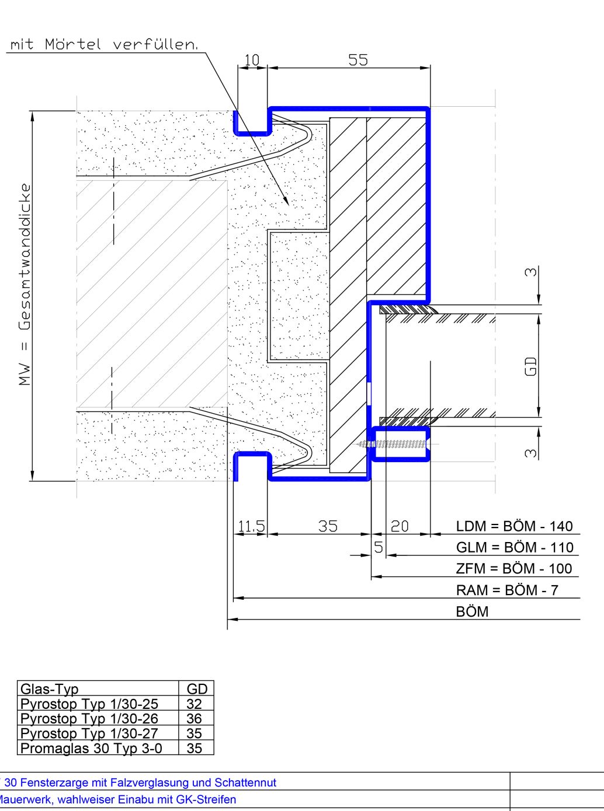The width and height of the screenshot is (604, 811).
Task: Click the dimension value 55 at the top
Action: coord(357,60)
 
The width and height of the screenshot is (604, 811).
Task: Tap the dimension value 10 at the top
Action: coord(252,60)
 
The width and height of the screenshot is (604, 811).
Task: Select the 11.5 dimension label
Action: coord(251,526)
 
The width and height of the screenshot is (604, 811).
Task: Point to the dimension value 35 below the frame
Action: coord(328,526)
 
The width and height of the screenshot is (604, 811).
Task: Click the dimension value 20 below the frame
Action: coord(400,526)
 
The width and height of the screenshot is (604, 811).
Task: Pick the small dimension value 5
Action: coord(379,547)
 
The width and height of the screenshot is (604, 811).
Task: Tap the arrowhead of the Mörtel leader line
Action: coord(286,201)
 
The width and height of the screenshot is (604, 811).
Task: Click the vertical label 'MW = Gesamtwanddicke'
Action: coord(25,284)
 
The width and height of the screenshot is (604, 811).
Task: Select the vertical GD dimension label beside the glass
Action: coord(531,366)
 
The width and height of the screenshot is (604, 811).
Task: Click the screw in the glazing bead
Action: coord(392,444)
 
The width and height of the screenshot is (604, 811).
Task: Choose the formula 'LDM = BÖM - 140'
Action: coord(514,526)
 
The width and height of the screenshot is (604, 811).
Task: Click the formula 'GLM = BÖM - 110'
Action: coord(515,548)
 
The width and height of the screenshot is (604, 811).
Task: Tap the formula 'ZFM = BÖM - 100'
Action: coord(514,569)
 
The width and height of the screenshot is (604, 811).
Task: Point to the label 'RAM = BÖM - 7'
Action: coord(507,590)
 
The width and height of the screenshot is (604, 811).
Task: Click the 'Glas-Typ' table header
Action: coord(50,689)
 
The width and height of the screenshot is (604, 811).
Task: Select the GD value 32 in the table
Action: coord(194,704)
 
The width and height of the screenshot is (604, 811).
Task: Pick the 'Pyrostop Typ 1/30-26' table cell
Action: coord(89,719)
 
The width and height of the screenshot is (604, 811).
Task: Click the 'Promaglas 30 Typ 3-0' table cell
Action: coord(91,749)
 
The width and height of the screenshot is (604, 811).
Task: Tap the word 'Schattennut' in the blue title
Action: coord(245,782)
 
